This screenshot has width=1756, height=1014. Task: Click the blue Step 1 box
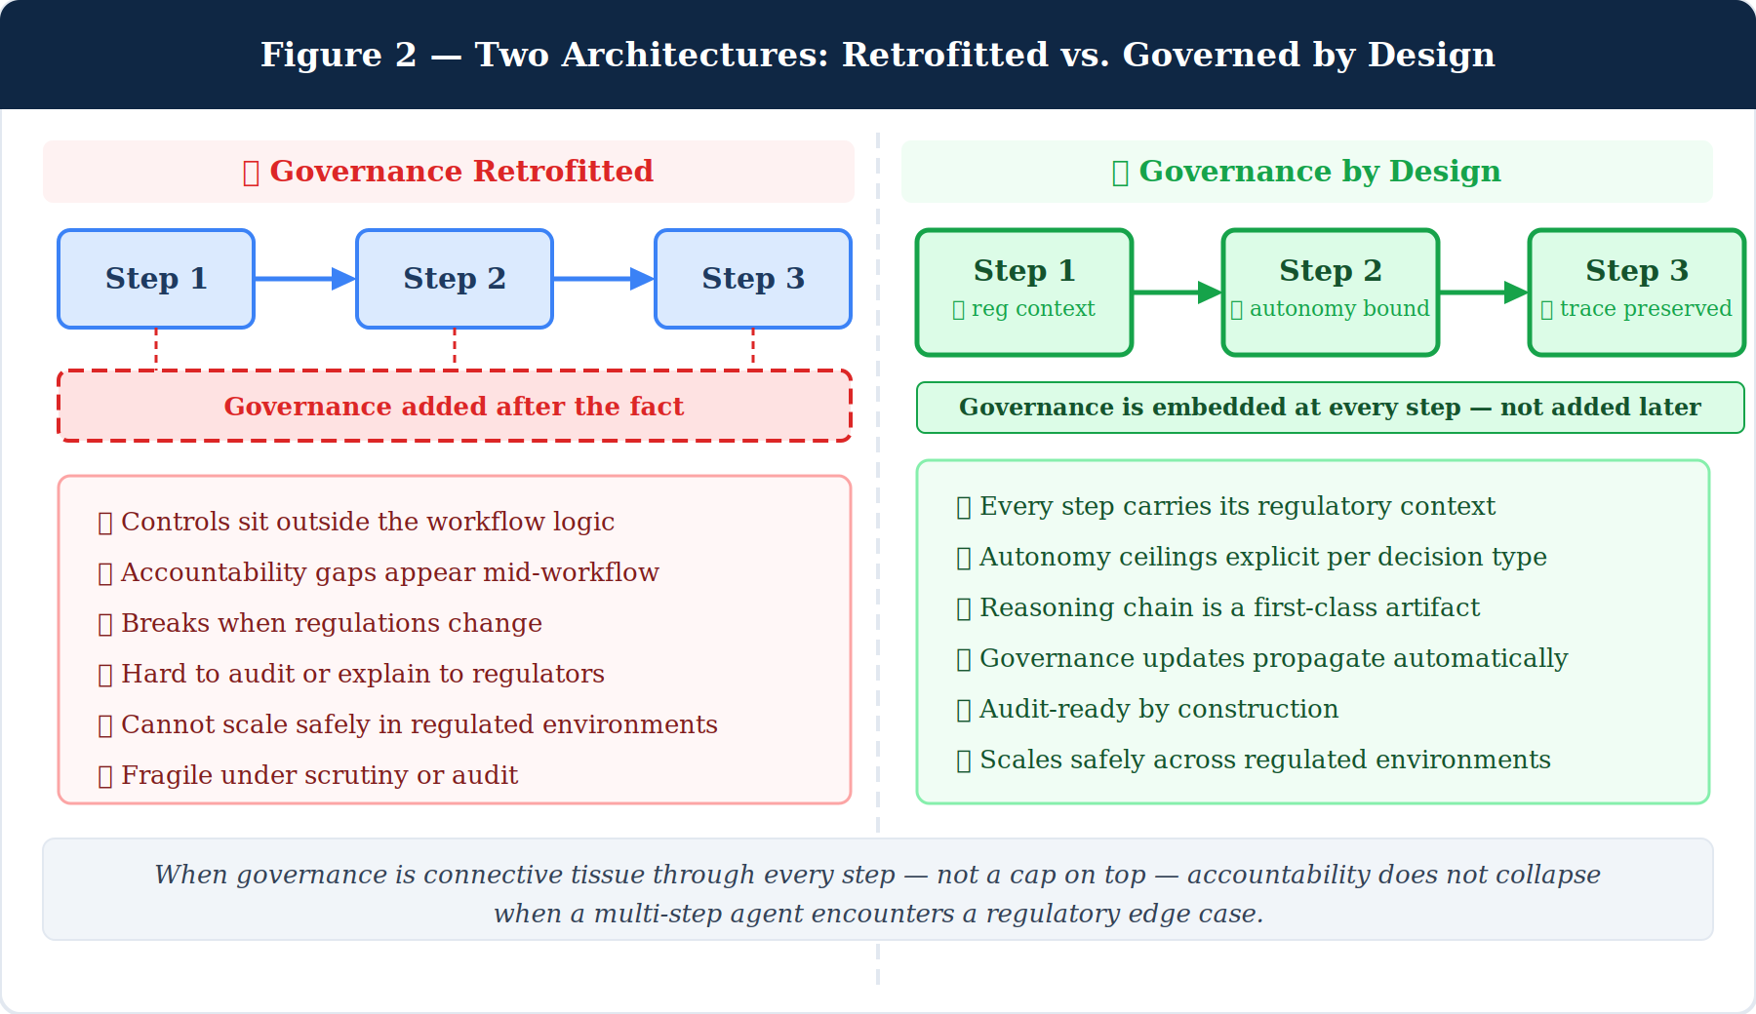click(x=156, y=279)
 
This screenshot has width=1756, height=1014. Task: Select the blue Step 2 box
click(x=455, y=279)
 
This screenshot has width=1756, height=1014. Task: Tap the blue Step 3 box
click(x=753, y=279)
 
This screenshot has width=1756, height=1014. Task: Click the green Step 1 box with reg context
click(x=1024, y=292)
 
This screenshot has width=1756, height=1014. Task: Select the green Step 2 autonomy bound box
click(x=1331, y=292)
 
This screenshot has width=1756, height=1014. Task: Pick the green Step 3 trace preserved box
click(x=1636, y=292)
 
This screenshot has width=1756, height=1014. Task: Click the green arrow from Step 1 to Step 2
click(x=1177, y=292)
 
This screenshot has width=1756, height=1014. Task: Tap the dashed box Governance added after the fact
click(x=455, y=406)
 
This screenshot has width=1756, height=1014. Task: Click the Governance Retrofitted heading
click(x=449, y=172)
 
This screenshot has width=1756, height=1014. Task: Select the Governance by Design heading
click(x=1307, y=172)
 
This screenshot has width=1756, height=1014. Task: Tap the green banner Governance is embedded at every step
click(x=1330, y=407)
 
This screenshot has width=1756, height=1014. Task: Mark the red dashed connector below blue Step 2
click(x=455, y=349)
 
